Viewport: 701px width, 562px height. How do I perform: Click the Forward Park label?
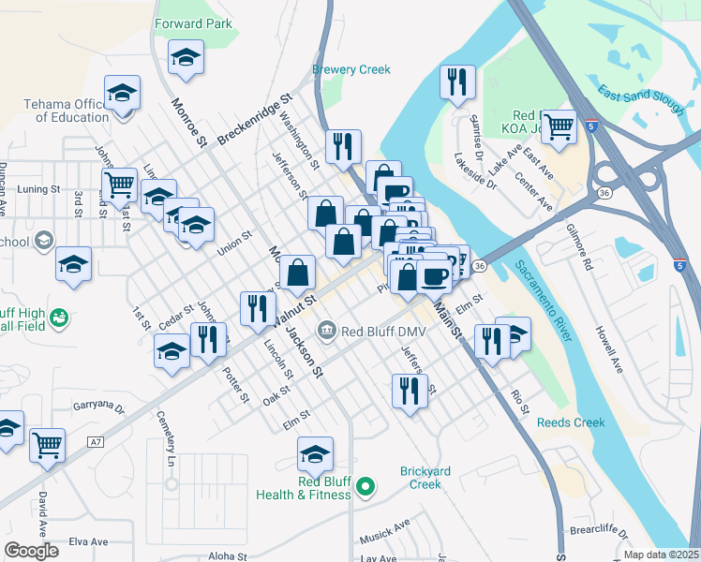(x=194, y=24)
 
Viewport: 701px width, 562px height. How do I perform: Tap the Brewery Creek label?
(x=350, y=69)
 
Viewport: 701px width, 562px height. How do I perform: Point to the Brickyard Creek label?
(x=420, y=478)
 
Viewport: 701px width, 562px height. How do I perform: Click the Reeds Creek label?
(x=571, y=422)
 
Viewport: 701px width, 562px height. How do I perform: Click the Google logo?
(x=31, y=551)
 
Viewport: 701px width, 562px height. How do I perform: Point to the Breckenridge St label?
(x=255, y=119)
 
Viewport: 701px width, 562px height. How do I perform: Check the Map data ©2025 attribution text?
(x=661, y=554)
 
